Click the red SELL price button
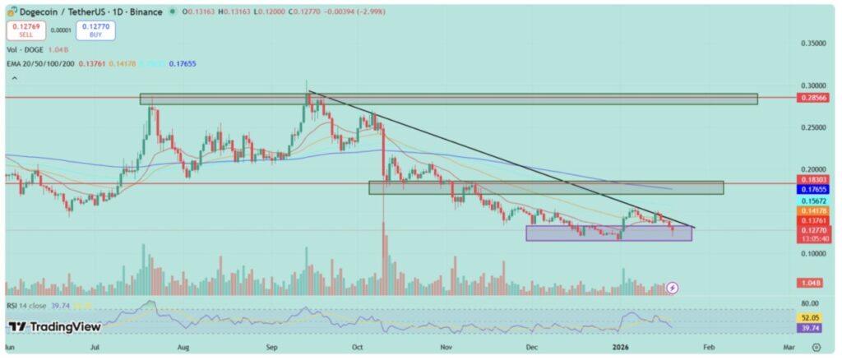[x=24, y=30]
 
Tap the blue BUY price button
[x=95, y=30]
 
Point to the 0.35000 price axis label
[x=813, y=43]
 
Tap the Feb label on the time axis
[x=710, y=348]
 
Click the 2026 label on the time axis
[x=622, y=348]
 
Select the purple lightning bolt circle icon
[x=673, y=288]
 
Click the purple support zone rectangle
[x=608, y=233]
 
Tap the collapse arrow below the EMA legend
[x=14, y=78]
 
